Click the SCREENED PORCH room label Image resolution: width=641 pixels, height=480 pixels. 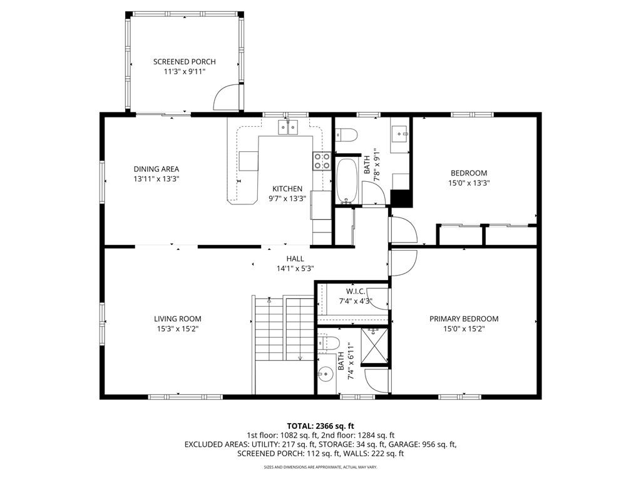click(x=185, y=62)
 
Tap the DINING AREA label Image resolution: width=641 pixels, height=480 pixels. click(x=156, y=169)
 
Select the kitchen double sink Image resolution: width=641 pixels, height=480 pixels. click(x=288, y=127)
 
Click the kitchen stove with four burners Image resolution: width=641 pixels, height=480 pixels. click(x=322, y=161)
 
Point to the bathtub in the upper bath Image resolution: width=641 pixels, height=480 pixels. click(x=347, y=181)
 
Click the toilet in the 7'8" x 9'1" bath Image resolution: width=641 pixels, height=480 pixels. click(x=346, y=135)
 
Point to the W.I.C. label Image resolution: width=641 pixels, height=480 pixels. click(x=356, y=291)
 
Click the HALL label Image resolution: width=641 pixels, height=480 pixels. click(x=295, y=258)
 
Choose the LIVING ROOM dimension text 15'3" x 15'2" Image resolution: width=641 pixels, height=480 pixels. click(x=177, y=329)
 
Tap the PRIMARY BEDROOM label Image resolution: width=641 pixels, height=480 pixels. click(x=464, y=319)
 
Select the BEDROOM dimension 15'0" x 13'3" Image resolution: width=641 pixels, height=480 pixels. click(x=469, y=183)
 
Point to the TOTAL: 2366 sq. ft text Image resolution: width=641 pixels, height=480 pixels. click(x=320, y=426)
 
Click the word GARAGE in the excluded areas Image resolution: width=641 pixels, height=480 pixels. click(x=403, y=444)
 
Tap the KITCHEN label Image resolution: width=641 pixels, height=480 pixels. click(x=287, y=189)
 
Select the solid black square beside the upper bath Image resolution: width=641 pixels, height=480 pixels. click(x=401, y=199)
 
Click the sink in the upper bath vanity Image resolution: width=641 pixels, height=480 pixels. click(x=399, y=133)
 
